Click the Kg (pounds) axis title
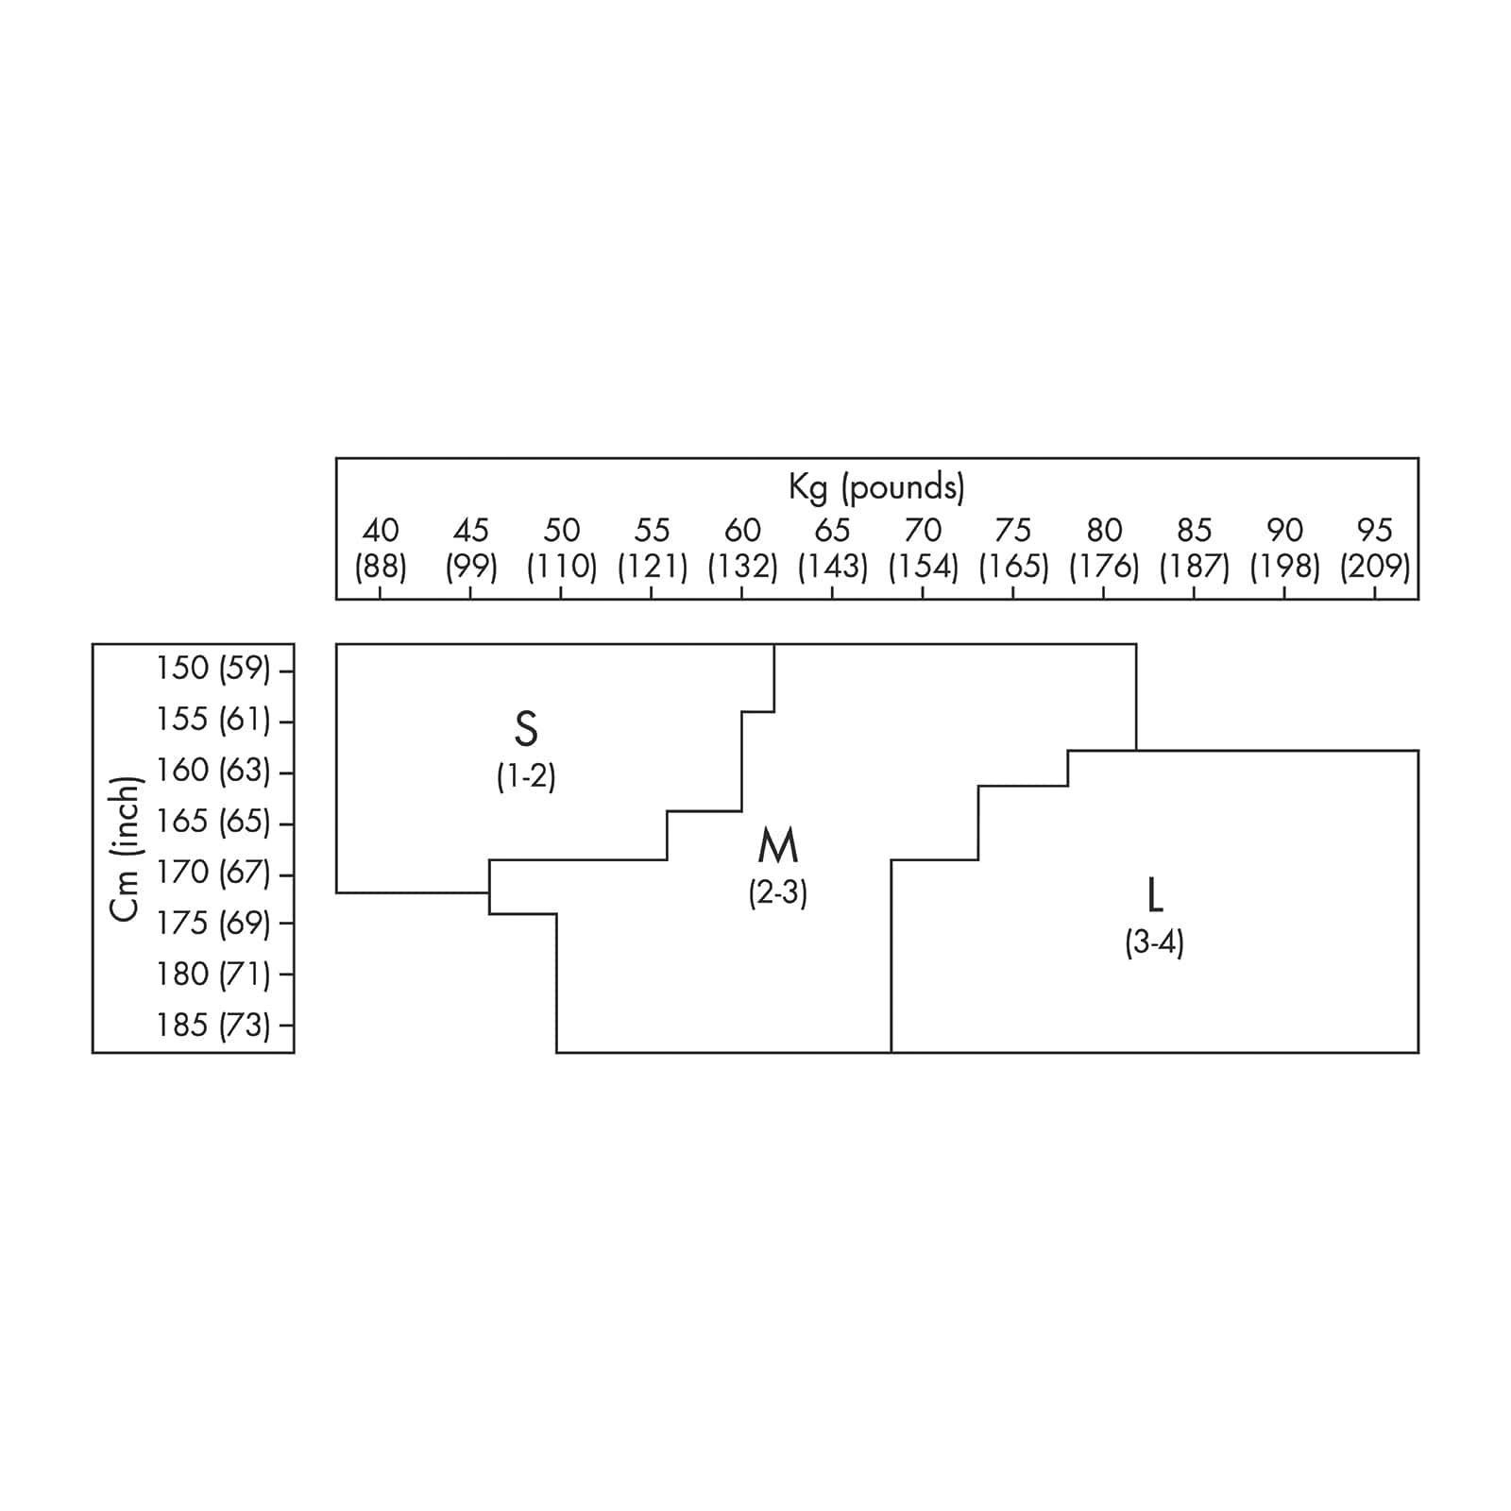pos(876,487)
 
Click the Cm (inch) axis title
pos(126,848)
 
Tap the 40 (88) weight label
pos(381,549)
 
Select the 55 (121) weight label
pos(652,549)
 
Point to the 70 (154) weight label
pos(923,549)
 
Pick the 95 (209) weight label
pos(1374,549)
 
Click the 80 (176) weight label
pos(1103,549)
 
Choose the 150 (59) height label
pos(213,669)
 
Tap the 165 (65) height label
pos(213,822)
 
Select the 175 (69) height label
pos(213,923)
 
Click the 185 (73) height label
pos(213,1025)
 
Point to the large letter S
pos(526,729)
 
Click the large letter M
pos(778,846)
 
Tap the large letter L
pos(1154,895)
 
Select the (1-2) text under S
pos(526,776)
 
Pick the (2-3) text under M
pos(778,893)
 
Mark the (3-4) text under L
pos(1154,942)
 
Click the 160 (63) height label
pos(213,771)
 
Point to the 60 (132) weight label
pos(742,549)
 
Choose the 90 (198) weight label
pos(1284,549)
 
